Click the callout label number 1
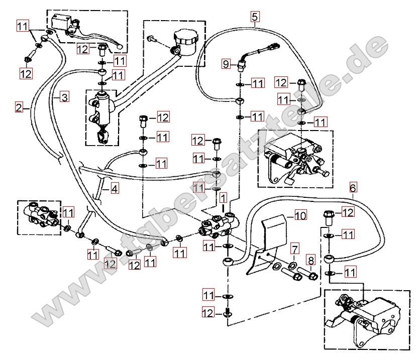(x=223, y=198)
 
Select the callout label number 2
(x=19, y=107)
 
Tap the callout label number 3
(x=64, y=97)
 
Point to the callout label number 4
(x=115, y=189)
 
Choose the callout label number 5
(x=255, y=17)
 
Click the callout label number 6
(x=353, y=188)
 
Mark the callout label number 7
(x=294, y=249)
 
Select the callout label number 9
(x=226, y=64)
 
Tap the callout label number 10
(x=300, y=215)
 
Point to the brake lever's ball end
(x=120, y=47)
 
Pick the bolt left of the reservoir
(x=152, y=39)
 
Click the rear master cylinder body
(x=102, y=106)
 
